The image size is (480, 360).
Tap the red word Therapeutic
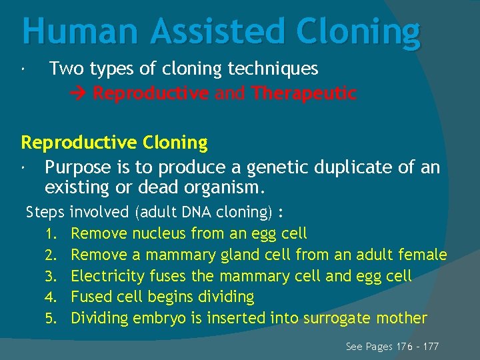tap(304, 93)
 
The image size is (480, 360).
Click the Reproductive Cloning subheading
tap(114, 142)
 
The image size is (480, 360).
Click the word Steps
tap(45, 212)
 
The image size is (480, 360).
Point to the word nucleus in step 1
tap(159, 233)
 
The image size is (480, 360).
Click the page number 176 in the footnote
tap(403, 347)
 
